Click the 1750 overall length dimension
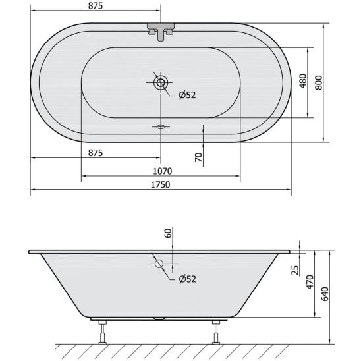coord(161,185)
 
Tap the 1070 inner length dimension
coord(163,171)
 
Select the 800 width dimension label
coord(319,82)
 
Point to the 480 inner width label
coord(304,81)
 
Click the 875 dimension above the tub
coord(96,6)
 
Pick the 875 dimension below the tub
coord(96,153)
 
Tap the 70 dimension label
coord(198,157)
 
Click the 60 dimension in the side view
coord(168,233)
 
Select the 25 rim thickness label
coord(295,270)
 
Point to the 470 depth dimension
coord(310,282)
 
